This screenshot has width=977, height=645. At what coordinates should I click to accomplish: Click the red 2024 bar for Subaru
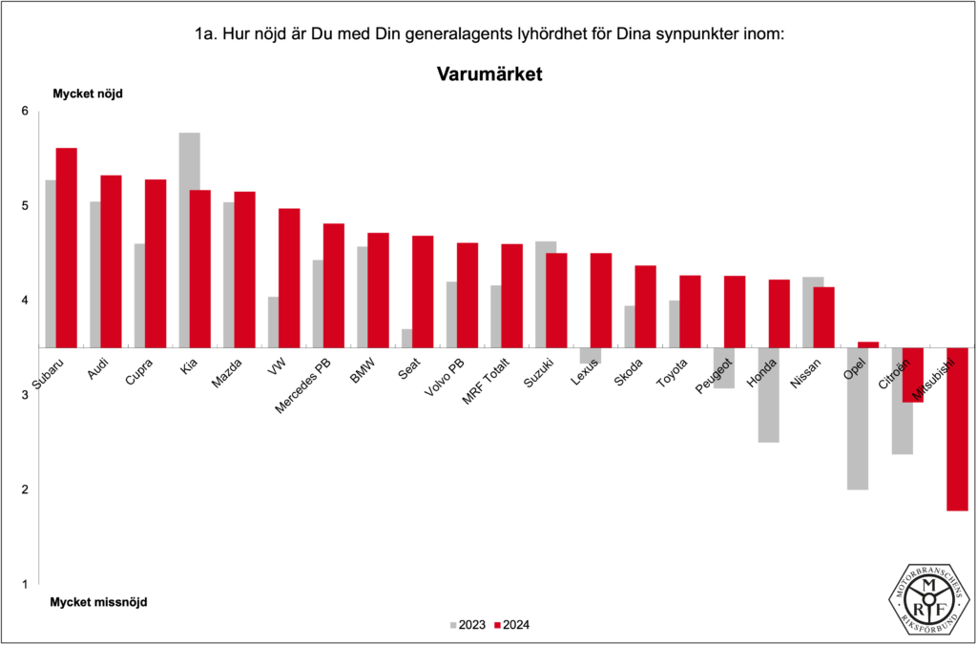66,247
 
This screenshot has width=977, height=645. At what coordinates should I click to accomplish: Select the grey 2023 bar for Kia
189,239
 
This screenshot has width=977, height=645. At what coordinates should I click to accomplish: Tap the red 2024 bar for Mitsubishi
957,428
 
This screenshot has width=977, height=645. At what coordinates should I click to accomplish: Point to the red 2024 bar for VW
289,278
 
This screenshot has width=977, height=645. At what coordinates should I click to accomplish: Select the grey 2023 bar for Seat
406,338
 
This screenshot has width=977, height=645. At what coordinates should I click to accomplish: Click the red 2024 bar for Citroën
912,374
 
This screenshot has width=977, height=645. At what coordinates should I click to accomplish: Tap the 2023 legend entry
468,626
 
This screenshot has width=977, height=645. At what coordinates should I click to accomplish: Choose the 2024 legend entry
512,626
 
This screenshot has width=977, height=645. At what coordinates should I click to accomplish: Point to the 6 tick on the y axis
26,112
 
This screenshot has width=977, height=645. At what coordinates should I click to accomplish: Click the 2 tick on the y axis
26,489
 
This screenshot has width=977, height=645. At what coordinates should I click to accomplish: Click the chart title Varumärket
489,73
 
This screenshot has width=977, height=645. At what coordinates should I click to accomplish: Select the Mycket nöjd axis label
88,94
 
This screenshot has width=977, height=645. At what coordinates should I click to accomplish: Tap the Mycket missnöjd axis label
99,603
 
